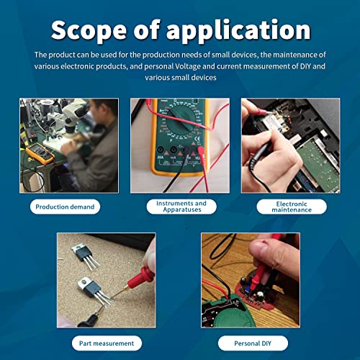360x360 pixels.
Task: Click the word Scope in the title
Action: (89, 30)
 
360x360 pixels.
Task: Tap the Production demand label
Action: (65, 207)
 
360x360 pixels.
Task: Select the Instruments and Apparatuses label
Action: (181, 207)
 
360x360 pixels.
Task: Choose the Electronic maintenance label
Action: (292, 207)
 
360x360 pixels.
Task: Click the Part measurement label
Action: (107, 343)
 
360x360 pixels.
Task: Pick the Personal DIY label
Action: (253, 343)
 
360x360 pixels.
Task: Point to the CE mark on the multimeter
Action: (197, 139)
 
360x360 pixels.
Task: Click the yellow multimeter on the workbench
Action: (40, 153)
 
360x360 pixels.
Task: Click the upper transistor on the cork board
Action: (85, 256)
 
